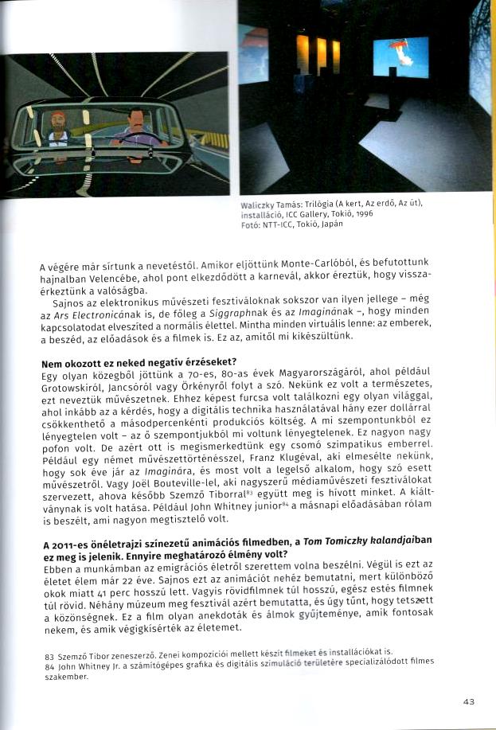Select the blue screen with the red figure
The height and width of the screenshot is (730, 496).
(400, 57)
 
